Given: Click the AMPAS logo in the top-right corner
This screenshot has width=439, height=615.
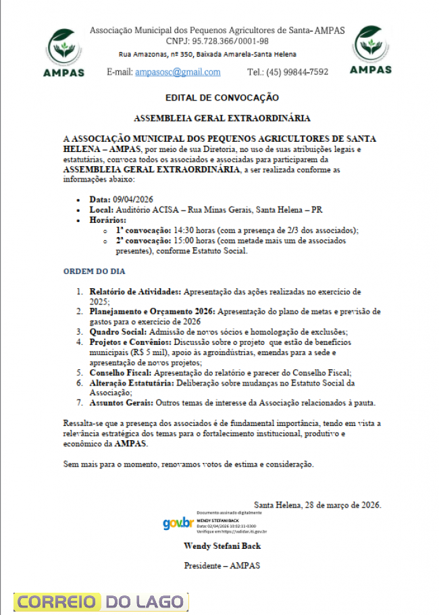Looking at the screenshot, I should (371, 49).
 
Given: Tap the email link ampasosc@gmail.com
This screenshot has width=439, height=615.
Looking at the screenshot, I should (178, 72).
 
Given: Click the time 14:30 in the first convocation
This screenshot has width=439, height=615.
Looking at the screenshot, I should (184, 230).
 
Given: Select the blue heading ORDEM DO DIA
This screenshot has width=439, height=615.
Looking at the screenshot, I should (95, 271).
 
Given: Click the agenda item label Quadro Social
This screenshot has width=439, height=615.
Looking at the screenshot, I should (118, 332).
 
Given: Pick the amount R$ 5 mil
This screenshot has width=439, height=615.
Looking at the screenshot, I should (167, 352).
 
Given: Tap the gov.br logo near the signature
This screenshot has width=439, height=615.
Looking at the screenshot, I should (178, 523).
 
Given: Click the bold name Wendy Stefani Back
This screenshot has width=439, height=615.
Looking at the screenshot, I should (222, 545).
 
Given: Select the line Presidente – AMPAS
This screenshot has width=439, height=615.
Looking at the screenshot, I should (222, 566).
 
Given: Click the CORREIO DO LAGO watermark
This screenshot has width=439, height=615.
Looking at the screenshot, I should (101, 601).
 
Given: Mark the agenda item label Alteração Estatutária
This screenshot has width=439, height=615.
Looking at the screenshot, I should (132, 383).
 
